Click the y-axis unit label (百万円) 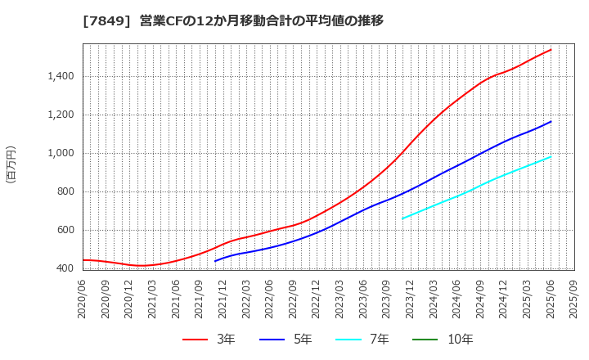click(11, 164)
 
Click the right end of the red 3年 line click(551, 50)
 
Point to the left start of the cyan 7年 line click(402, 218)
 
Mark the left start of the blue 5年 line click(215, 261)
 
